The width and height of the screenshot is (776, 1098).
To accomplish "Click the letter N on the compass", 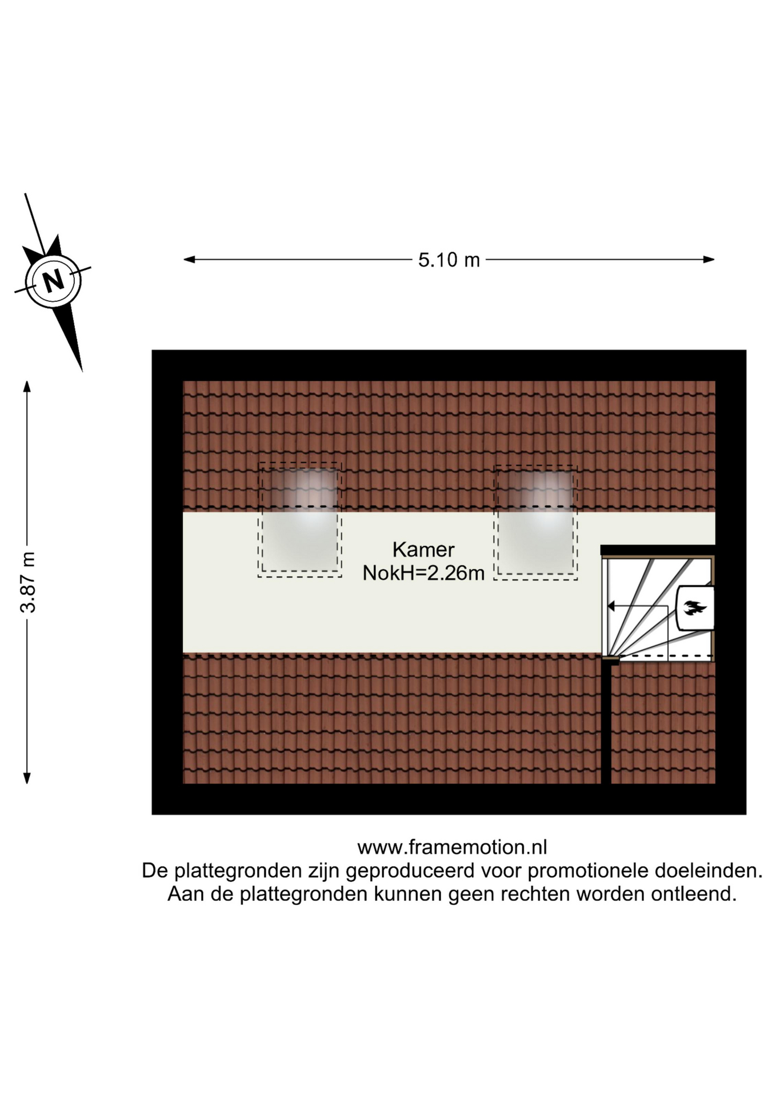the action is (x=54, y=280).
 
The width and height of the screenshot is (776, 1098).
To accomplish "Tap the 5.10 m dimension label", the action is (x=449, y=260).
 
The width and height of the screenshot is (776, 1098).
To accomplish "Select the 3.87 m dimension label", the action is (x=27, y=582).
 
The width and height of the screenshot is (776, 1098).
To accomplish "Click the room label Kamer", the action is (x=423, y=550).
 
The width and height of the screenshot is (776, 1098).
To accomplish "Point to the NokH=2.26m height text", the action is (x=423, y=573).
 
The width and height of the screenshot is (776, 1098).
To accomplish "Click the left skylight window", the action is (x=299, y=520).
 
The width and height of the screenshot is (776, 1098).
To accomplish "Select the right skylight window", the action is (x=535, y=522).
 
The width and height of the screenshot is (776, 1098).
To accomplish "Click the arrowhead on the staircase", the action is (x=611, y=606).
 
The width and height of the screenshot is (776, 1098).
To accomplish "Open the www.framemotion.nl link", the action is (x=452, y=847).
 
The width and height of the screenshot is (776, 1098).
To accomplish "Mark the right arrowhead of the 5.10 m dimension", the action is (x=709, y=260).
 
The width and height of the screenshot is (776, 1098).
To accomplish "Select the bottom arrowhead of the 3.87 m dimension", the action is (x=27, y=778).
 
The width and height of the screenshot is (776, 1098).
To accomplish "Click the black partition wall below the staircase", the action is (x=606, y=723).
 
